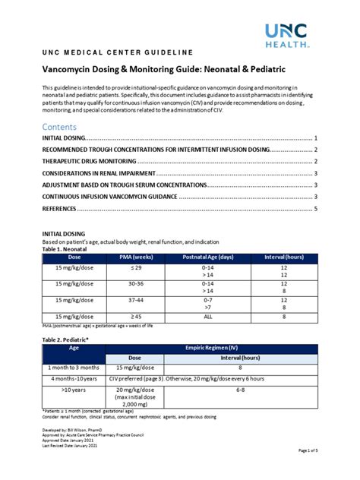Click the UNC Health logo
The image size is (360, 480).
pyautogui.click(x=287, y=34)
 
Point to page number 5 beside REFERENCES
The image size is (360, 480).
pyautogui.click(x=315, y=208)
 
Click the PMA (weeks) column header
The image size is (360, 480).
pyautogui.click(x=136, y=257)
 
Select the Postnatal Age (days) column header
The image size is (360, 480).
pyautogui.click(x=207, y=257)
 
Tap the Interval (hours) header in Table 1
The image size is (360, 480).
pyautogui.click(x=283, y=257)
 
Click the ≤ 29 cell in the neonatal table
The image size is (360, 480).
pyautogui.click(x=136, y=268)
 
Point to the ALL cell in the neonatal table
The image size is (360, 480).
pyautogui.click(x=207, y=316)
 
